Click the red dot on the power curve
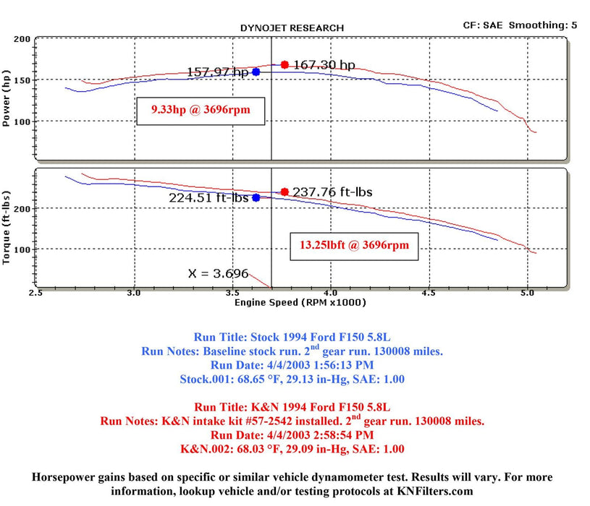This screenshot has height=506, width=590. coord(285,64)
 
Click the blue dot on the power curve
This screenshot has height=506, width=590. coord(256,72)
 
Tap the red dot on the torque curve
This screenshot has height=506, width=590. coord(285,192)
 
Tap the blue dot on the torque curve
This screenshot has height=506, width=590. coord(256,197)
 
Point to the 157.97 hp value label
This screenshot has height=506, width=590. coord(217,72)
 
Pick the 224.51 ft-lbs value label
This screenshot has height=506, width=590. coord(209,197)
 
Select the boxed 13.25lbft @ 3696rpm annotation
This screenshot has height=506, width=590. coord(354,245)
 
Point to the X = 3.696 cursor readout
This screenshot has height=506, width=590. coord(218,274)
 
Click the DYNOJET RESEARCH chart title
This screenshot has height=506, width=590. coord(292,28)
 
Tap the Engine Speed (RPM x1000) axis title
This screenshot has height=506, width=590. coord(300,302)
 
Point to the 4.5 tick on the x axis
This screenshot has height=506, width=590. coord(429,294)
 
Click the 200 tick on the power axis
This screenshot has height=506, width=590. coord(22,40)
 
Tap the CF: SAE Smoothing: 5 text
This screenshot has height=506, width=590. coord(520,25)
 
